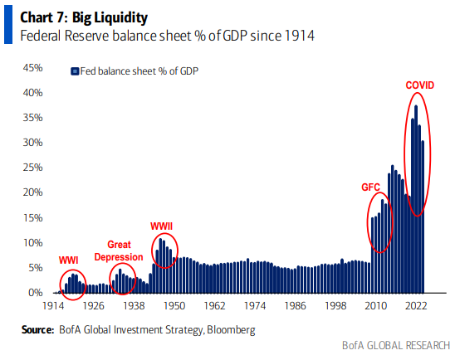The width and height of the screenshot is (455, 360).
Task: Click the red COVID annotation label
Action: pos(419,85)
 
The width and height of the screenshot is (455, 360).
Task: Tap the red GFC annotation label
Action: pos(370,187)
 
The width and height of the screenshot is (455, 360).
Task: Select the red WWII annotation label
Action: pos(161,226)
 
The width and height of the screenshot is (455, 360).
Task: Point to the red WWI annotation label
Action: pos(68,260)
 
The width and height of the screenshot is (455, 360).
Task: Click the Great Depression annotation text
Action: pos(119,251)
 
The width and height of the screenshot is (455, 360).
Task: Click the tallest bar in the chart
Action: pos(416,199)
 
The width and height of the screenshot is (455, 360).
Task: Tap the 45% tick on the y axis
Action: pos(32,68)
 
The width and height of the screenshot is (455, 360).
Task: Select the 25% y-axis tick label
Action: pos(32,168)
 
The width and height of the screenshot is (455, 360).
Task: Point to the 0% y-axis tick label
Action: pos(36,293)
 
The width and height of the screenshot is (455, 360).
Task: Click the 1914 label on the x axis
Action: pos(53,306)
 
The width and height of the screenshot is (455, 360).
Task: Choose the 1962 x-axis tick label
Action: pos(214,306)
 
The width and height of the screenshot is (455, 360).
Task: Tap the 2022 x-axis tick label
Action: pos(416,306)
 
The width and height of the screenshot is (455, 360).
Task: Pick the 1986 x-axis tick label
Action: pos(295,306)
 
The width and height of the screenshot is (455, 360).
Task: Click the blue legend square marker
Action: pos(75,71)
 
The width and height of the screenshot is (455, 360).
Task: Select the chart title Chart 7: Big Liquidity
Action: pos(84,17)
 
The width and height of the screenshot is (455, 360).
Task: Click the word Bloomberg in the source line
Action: pos(231,330)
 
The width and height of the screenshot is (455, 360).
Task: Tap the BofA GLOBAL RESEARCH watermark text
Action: pos(396,346)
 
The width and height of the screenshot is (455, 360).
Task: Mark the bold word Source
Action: pos(37,330)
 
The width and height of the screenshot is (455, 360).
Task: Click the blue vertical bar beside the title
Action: pos(8,24)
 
